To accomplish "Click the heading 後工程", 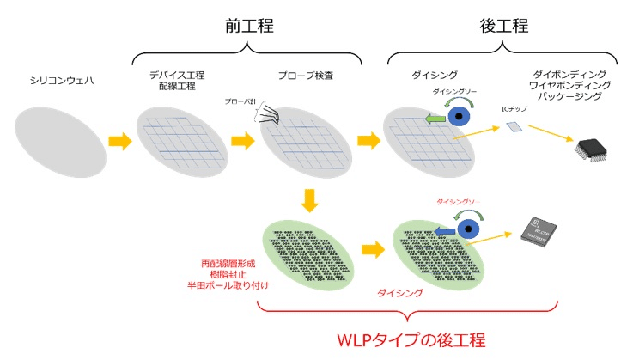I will coord(503,27).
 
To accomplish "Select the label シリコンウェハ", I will coord(51,82).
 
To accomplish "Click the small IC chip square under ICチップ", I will coord(514,127).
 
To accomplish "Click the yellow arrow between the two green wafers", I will coord(372,250).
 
